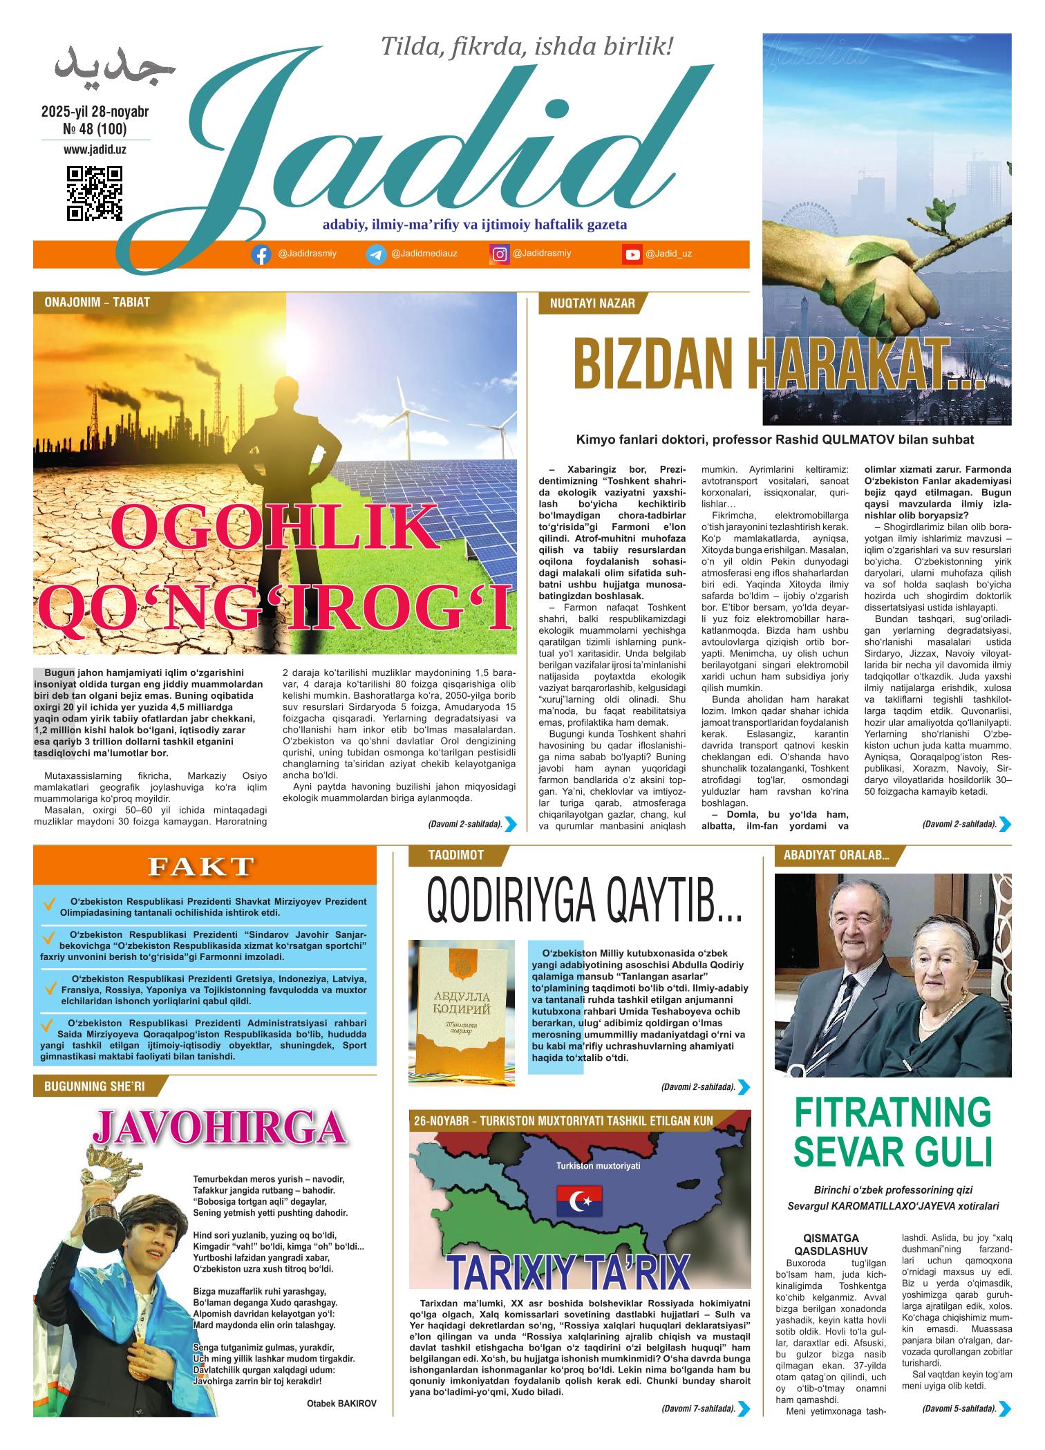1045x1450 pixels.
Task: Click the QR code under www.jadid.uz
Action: [x=95, y=194]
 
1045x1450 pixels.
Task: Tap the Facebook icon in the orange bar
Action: [x=261, y=254]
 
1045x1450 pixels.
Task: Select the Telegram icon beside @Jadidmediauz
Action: [x=375, y=254]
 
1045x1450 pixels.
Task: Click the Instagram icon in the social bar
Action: [x=499, y=254]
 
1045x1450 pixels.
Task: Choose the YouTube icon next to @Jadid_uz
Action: [x=632, y=254]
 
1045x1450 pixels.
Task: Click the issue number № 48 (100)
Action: [x=95, y=129]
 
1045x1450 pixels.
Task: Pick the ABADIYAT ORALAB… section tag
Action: [x=836, y=856]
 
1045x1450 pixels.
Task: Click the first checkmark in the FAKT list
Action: [x=49, y=904]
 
